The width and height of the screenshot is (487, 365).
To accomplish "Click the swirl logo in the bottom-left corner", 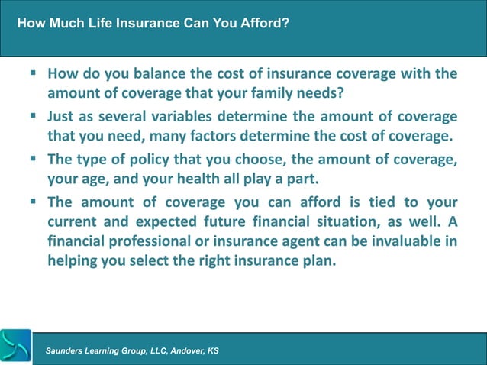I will point(15,347).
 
